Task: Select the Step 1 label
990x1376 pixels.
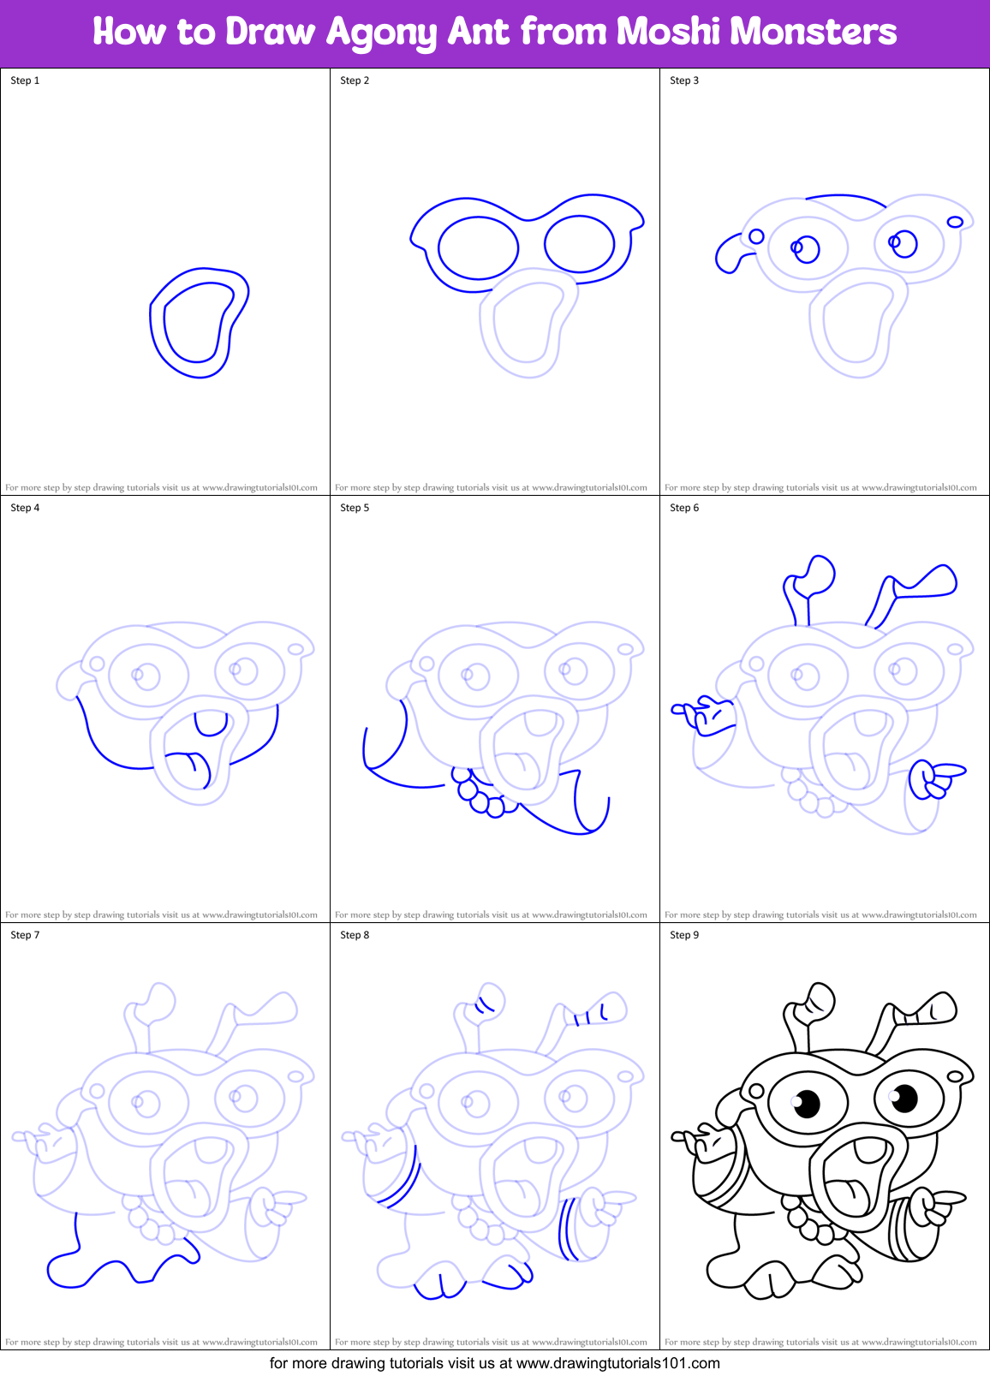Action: point(25,80)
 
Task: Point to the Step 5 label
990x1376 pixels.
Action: point(355,508)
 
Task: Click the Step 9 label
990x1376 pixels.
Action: point(684,935)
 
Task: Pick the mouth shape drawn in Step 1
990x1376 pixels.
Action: point(198,322)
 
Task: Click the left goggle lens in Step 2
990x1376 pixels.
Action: point(478,247)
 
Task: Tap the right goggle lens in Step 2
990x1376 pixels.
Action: point(580,244)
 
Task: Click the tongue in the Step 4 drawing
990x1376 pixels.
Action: point(188,761)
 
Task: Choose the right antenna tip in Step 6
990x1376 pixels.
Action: point(933,581)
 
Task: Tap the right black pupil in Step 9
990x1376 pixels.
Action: point(904,1097)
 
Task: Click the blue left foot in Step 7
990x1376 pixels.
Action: point(69,1269)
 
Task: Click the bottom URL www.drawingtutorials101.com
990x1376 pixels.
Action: point(618,1363)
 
